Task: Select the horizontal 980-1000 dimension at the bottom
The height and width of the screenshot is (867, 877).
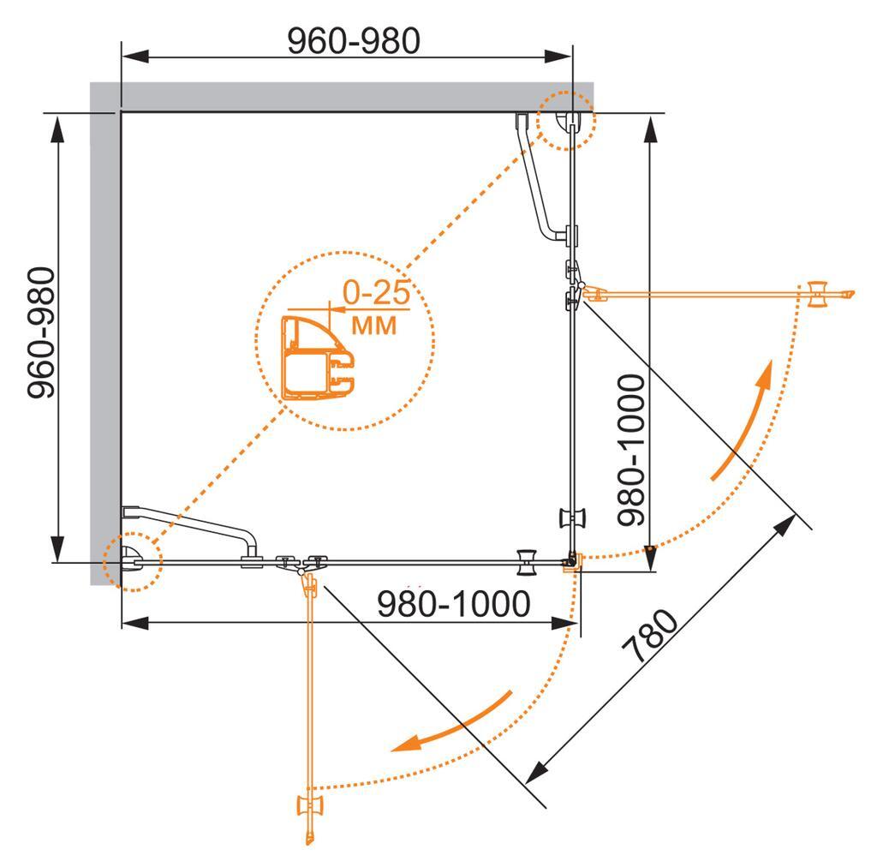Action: click(x=454, y=605)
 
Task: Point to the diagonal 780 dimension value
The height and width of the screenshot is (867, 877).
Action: click(x=654, y=638)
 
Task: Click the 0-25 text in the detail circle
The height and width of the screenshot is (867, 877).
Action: click(x=375, y=294)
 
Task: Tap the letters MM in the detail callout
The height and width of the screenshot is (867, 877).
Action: click(x=374, y=325)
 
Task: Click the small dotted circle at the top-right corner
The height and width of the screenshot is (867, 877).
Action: click(x=564, y=120)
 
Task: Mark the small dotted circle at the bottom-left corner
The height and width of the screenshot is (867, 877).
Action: click(x=132, y=561)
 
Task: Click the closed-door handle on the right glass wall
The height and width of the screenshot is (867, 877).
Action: click(x=572, y=518)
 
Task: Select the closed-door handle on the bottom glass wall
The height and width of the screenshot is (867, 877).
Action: click(x=527, y=562)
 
